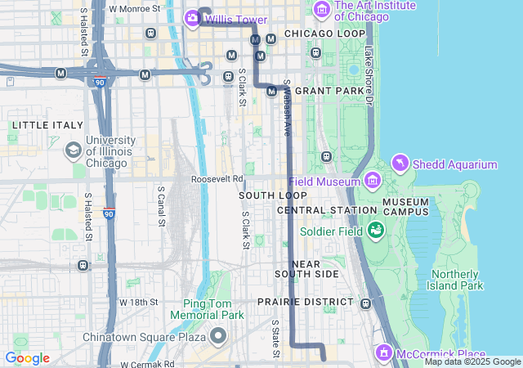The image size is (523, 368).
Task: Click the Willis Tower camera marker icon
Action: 193,17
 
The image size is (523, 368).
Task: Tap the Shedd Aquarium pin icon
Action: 400,164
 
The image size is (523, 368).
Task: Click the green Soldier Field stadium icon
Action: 376,231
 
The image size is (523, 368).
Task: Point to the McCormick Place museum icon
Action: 384,353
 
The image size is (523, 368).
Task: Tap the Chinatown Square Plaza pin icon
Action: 218,336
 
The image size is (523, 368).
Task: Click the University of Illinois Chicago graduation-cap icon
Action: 74,150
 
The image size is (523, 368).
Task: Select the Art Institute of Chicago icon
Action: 321,11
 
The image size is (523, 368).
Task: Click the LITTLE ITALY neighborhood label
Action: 47,125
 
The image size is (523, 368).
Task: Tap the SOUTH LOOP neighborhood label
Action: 273,195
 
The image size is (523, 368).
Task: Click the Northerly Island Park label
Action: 457,280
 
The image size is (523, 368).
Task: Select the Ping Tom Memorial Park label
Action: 207,309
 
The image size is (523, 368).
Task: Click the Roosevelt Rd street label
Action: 217,178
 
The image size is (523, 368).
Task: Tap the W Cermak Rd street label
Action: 147,363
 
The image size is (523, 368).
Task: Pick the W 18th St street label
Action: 138,302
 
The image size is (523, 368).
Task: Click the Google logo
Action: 27,358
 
